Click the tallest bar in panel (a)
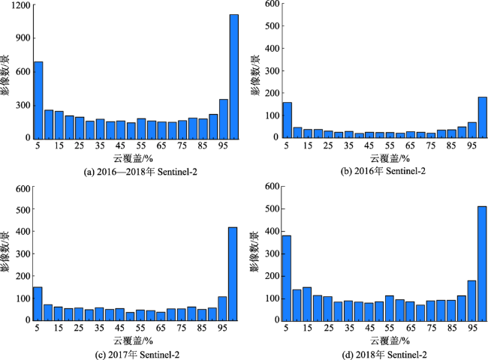(233, 76)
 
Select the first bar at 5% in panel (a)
(38, 100)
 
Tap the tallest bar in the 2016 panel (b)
(481, 117)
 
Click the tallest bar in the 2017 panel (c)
(233, 273)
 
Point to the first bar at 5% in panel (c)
(38, 303)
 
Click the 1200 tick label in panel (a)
(20, 6)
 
